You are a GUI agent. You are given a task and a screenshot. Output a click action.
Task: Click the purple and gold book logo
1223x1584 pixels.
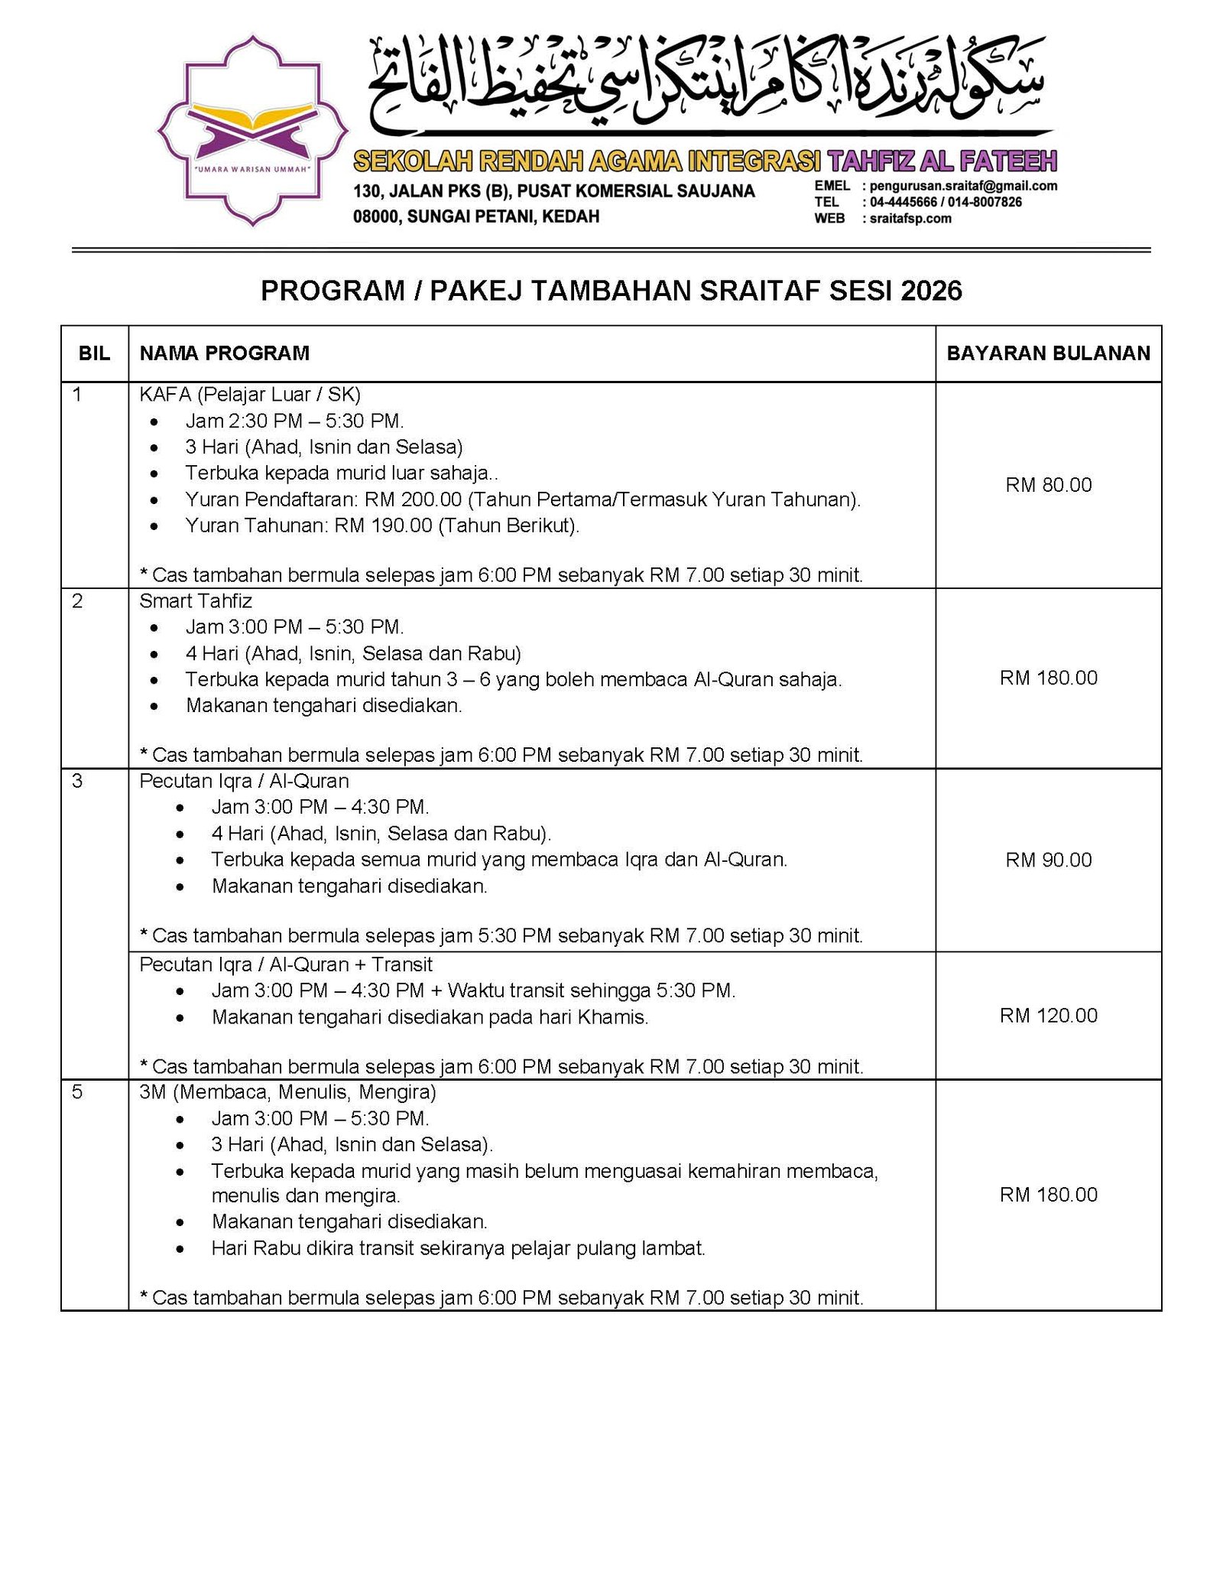252,131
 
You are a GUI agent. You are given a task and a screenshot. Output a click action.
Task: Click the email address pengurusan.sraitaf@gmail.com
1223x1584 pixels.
963,186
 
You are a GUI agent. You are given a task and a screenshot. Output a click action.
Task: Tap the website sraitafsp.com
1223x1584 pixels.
910,219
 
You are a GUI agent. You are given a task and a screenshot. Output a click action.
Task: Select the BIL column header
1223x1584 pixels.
94,353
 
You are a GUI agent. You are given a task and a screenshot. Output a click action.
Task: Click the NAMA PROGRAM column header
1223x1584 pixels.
224,353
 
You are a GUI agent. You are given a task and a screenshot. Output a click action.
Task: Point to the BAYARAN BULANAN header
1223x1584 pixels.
1048,353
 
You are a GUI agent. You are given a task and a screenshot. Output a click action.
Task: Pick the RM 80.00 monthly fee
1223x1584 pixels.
1048,485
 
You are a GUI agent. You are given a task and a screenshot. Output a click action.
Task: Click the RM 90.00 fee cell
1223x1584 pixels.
1048,860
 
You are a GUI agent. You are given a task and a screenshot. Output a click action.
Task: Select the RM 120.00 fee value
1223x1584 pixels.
1048,1015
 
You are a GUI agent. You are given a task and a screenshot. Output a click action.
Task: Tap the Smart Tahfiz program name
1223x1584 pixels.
196,601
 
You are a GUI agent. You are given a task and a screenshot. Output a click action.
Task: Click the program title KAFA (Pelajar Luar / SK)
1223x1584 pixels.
250,395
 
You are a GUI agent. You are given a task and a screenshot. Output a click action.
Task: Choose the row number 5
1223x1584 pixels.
77,1091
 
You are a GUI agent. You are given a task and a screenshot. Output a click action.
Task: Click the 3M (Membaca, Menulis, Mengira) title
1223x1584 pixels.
287,1091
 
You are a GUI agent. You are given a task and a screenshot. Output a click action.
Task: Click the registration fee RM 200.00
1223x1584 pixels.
413,499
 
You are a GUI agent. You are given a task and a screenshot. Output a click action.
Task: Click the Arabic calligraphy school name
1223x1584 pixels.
707,84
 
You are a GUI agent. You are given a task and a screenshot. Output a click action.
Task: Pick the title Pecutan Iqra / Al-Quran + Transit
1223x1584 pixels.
286,964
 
